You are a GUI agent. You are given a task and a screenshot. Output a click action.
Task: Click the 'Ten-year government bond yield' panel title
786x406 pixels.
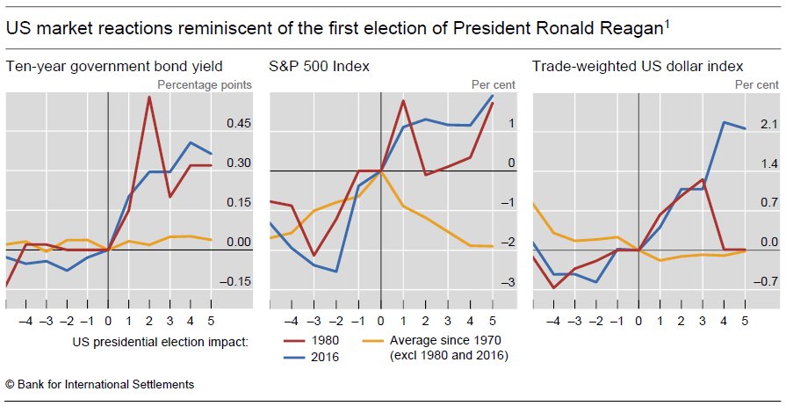(x=114, y=66)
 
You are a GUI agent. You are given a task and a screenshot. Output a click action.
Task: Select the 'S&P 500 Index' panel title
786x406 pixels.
(x=319, y=66)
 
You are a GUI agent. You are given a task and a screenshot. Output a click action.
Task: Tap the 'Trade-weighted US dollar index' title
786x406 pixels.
(x=638, y=66)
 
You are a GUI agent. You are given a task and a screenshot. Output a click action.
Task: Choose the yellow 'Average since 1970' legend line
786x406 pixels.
(x=373, y=339)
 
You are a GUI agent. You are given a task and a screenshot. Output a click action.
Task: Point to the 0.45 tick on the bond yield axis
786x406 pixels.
(x=239, y=124)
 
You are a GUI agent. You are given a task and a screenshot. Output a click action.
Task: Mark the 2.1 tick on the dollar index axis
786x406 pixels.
(x=769, y=125)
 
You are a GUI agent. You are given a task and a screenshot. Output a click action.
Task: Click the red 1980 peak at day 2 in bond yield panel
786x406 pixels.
(x=150, y=97)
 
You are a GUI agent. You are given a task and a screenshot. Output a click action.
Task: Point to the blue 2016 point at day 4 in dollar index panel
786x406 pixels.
(x=724, y=122)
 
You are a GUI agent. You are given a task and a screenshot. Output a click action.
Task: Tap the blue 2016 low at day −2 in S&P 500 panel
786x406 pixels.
(x=337, y=272)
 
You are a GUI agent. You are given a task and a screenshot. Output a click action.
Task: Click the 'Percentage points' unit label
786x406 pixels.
(x=205, y=84)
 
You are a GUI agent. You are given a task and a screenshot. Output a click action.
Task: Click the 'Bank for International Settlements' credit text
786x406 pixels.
(x=105, y=384)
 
